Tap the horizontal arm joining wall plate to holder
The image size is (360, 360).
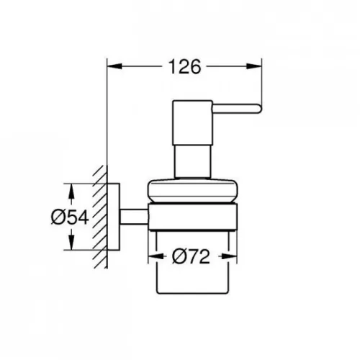pyautogui.click(x=133, y=217)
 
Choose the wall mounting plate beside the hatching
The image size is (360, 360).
pyautogui.click(x=114, y=217)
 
